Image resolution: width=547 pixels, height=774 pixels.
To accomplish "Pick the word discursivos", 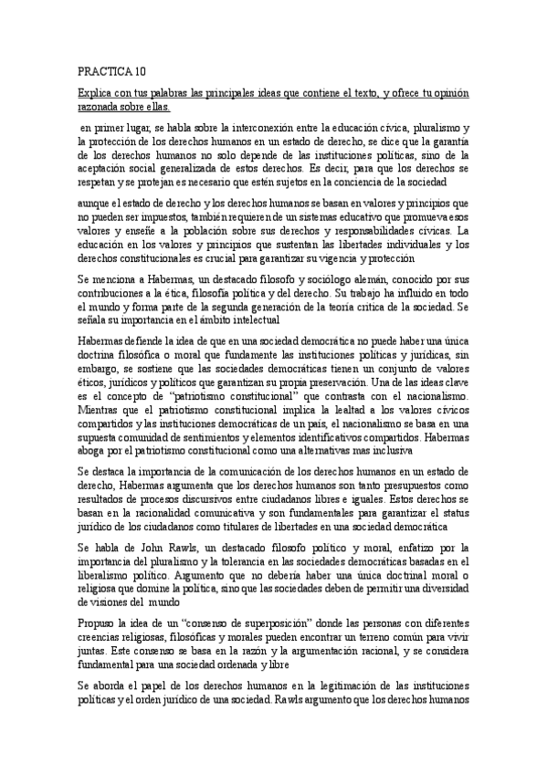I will pos(230,501).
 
